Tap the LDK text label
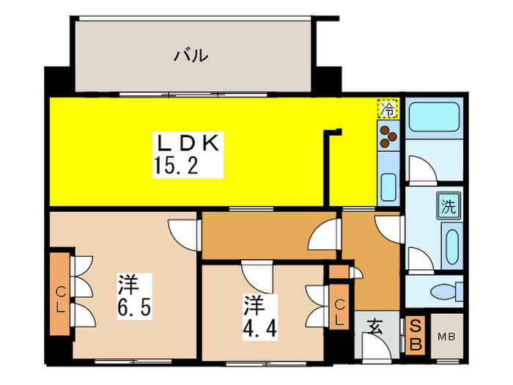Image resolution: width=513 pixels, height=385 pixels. click(186, 143)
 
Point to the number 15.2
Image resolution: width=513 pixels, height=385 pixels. click(177, 166)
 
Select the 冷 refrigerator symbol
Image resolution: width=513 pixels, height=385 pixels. click(388, 109)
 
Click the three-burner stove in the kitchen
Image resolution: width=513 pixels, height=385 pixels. click(388, 136)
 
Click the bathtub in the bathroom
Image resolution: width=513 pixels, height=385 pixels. click(432, 116)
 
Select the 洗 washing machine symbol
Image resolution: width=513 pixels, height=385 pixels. click(448, 206)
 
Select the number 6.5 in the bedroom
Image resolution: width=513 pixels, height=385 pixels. click(134, 307)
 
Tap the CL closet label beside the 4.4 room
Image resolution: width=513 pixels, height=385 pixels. click(339, 311)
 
